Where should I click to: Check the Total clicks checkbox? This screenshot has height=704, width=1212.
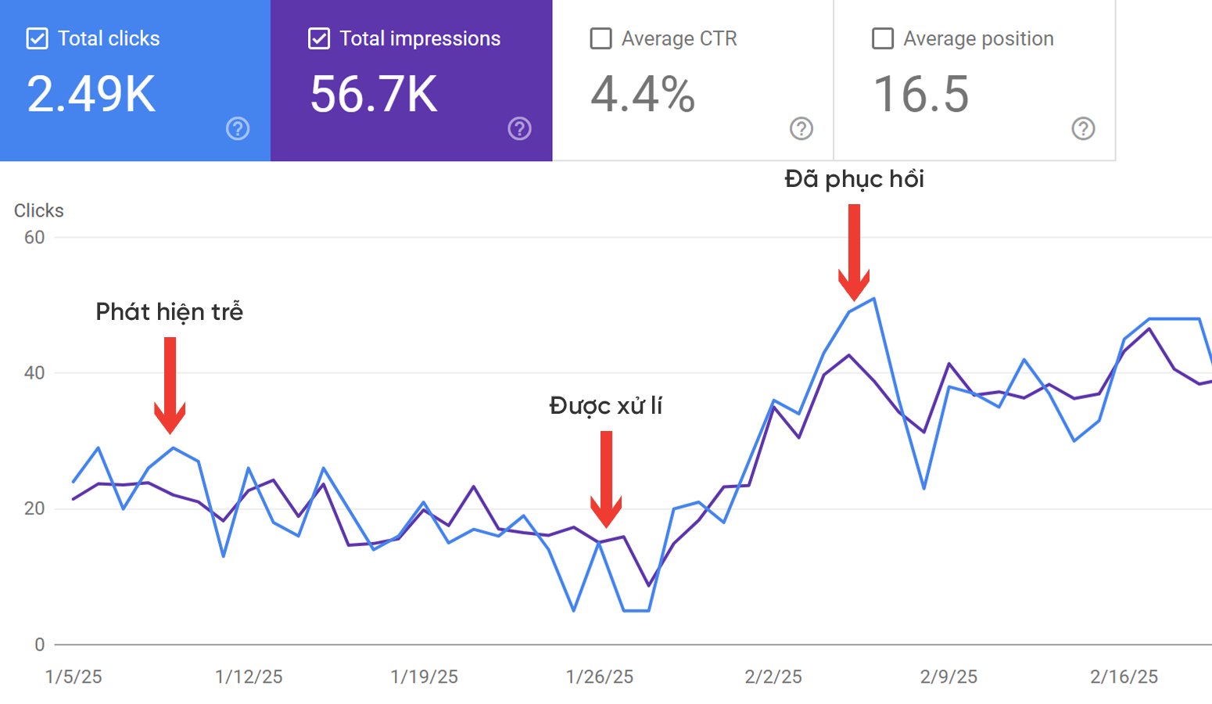coord(37,38)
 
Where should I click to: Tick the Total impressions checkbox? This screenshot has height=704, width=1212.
coord(318,38)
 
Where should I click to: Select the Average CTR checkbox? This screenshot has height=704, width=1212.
coord(601,38)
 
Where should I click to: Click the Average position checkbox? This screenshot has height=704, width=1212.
coord(882,38)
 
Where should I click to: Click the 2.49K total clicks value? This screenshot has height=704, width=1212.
coord(91,95)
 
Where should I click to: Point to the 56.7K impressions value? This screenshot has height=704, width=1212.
coord(374,95)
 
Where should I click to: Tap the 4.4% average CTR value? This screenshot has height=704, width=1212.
coord(642,95)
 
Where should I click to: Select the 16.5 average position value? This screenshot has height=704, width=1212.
coord(920,95)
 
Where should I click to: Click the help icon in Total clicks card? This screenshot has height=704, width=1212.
coord(238,128)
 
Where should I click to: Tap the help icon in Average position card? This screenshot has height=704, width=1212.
coord(1083,128)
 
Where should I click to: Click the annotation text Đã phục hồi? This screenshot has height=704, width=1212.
coord(854,179)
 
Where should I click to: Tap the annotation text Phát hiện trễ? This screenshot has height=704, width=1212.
coord(169,312)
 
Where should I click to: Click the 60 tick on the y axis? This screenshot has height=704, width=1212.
coord(34,237)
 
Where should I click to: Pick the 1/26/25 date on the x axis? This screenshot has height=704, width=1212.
coord(600,677)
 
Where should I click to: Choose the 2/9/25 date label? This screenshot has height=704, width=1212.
coord(948,677)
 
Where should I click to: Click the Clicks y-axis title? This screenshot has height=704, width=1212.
coord(38,210)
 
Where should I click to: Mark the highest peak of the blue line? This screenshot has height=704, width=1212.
coord(873,298)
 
